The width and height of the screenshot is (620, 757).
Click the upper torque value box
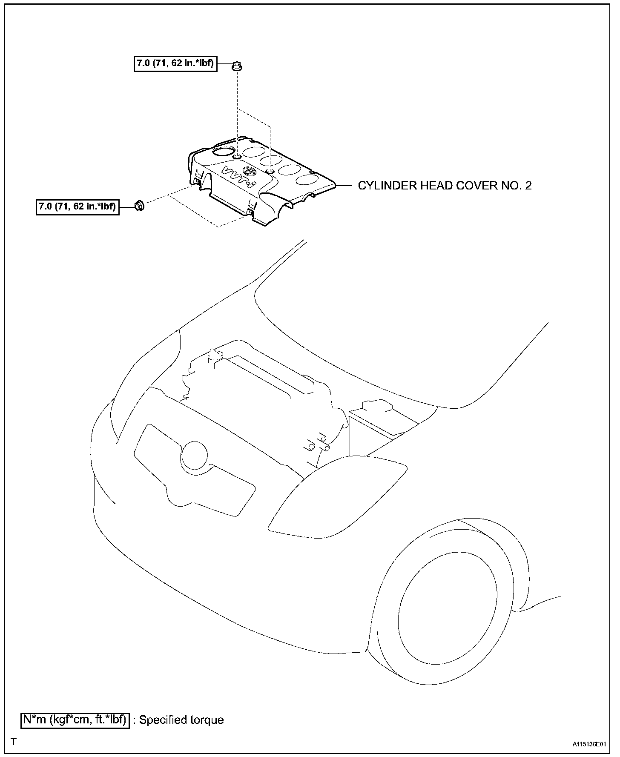175,64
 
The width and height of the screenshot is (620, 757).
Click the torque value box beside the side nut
77,207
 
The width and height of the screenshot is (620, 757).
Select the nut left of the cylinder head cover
139,206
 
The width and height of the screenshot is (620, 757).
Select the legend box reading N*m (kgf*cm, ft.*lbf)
75,720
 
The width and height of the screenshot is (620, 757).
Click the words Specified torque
181,720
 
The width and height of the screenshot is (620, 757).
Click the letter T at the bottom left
14,742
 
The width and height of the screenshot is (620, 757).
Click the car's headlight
336,494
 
